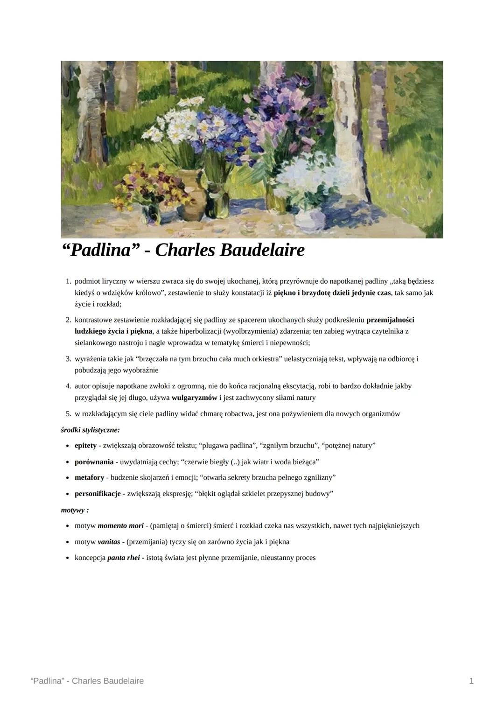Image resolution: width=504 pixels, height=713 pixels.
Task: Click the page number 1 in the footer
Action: (x=471, y=681)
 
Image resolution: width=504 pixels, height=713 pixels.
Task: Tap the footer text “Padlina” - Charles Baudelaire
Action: (x=87, y=681)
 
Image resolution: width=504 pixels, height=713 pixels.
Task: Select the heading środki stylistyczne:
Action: (x=90, y=429)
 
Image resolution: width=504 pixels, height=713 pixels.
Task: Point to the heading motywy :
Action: (x=75, y=510)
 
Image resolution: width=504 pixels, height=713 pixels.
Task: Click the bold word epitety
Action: (x=85, y=446)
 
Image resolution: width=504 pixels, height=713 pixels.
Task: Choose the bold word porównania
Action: (x=94, y=462)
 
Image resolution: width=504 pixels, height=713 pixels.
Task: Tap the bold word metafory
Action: (x=89, y=477)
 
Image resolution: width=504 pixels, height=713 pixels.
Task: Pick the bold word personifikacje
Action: (x=98, y=493)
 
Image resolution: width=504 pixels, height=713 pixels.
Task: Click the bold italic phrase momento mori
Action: (x=120, y=526)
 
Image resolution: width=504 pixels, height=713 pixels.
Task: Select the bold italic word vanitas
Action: (x=109, y=542)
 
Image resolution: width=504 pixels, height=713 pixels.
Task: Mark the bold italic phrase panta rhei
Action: (x=123, y=558)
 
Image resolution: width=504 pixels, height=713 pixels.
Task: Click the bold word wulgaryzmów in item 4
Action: (x=194, y=398)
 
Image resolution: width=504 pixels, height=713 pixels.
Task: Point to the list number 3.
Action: (x=68, y=359)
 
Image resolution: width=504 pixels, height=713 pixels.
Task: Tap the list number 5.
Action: (x=68, y=414)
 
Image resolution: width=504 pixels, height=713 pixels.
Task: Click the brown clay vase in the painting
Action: (x=189, y=194)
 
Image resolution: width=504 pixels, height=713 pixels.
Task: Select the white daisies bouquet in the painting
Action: (x=173, y=124)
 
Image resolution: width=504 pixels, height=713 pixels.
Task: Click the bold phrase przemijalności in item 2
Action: (x=390, y=320)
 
